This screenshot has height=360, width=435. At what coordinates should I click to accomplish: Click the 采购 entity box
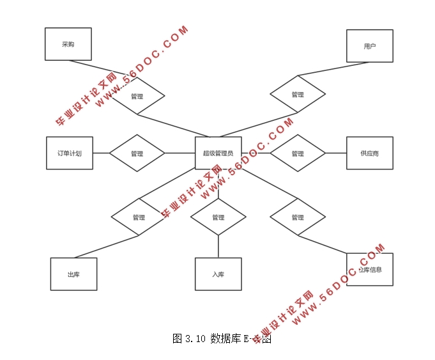(x=68, y=44)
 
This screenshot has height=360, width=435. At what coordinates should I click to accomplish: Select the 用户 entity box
(x=369, y=46)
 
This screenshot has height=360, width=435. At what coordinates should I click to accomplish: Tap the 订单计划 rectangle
(x=69, y=153)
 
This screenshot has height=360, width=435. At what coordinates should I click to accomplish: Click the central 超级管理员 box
(x=218, y=153)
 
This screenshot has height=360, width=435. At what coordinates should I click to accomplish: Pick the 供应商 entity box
(x=369, y=153)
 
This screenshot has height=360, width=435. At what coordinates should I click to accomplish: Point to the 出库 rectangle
(x=73, y=274)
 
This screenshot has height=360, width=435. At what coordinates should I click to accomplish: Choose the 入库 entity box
(x=218, y=274)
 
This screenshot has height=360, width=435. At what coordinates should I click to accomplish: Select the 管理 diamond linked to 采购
(x=137, y=96)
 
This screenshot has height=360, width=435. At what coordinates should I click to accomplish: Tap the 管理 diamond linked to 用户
(x=297, y=95)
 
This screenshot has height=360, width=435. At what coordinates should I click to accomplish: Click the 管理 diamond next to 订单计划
(x=137, y=153)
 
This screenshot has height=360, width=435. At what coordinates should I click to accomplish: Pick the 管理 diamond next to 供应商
(x=297, y=153)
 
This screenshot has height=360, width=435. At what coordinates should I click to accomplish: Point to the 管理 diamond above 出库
(x=139, y=217)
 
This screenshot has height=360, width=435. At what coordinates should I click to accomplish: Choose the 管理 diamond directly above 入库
(x=218, y=217)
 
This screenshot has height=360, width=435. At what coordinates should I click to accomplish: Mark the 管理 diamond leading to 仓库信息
(x=297, y=217)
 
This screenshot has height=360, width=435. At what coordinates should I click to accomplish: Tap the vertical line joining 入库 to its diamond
(x=218, y=246)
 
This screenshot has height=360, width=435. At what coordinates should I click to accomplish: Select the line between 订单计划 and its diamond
(x=100, y=153)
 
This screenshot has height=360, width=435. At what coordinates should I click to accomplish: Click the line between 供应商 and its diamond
(x=335, y=153)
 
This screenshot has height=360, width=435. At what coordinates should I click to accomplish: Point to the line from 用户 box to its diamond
(x=332, y=69)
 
